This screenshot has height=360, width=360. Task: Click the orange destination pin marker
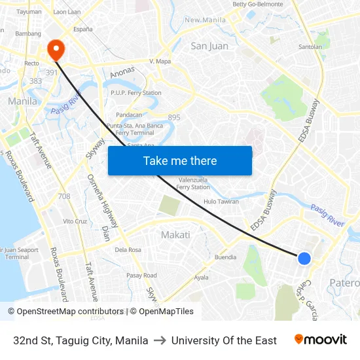click(x=56, y=48)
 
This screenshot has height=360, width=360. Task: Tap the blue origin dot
click(x=304, y=259)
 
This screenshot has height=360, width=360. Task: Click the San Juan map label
click(x=209, y=46)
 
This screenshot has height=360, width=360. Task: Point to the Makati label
click(x=175, y=235)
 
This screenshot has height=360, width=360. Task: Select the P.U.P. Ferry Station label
click(x=136, y=93)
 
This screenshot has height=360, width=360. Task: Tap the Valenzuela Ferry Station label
click(x=192, y=183)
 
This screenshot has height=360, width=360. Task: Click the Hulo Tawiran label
click(x=221, y=202)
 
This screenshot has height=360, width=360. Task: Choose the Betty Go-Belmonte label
click(x=258, y=5)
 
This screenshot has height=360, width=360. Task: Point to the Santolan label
click(x=310, y=47)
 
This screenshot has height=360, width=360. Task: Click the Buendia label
click(x=225, y=257)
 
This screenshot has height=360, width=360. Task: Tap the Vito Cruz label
click(x=75, y=221)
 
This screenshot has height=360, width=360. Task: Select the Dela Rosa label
click(x=128, y=249)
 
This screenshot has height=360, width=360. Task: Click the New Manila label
click(x=205, y=20)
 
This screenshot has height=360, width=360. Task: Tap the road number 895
click(x=174, y=118)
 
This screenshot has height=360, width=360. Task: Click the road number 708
click(x=64, y=196)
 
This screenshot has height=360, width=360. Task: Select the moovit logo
click(x=320, y=340)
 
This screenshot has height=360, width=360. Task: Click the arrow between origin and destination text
click(x=160, y=340)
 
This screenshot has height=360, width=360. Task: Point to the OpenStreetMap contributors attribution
click(x=66, y=312)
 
